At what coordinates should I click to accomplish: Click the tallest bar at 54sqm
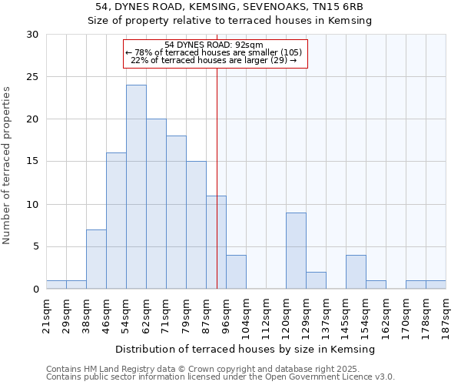click(x=136, y=187)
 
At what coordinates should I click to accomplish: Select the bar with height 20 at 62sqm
click(x=156, y=204)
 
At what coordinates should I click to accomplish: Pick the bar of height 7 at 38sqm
click(x=96, y=259)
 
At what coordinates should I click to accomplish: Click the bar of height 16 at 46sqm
click(x=116, y=221)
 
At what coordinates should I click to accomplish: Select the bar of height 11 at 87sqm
click(x=216, y=243)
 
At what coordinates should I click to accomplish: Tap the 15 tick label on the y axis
click(x=32, y=162)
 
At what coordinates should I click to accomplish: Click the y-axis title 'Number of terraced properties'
click(x=7, y=166)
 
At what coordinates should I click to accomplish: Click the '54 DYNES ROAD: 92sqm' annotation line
click(x=214, y=45)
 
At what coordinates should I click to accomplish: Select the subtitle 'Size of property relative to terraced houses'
click(x=230, y=21)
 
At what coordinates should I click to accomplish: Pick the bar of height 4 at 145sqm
click(x=356, y=272)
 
